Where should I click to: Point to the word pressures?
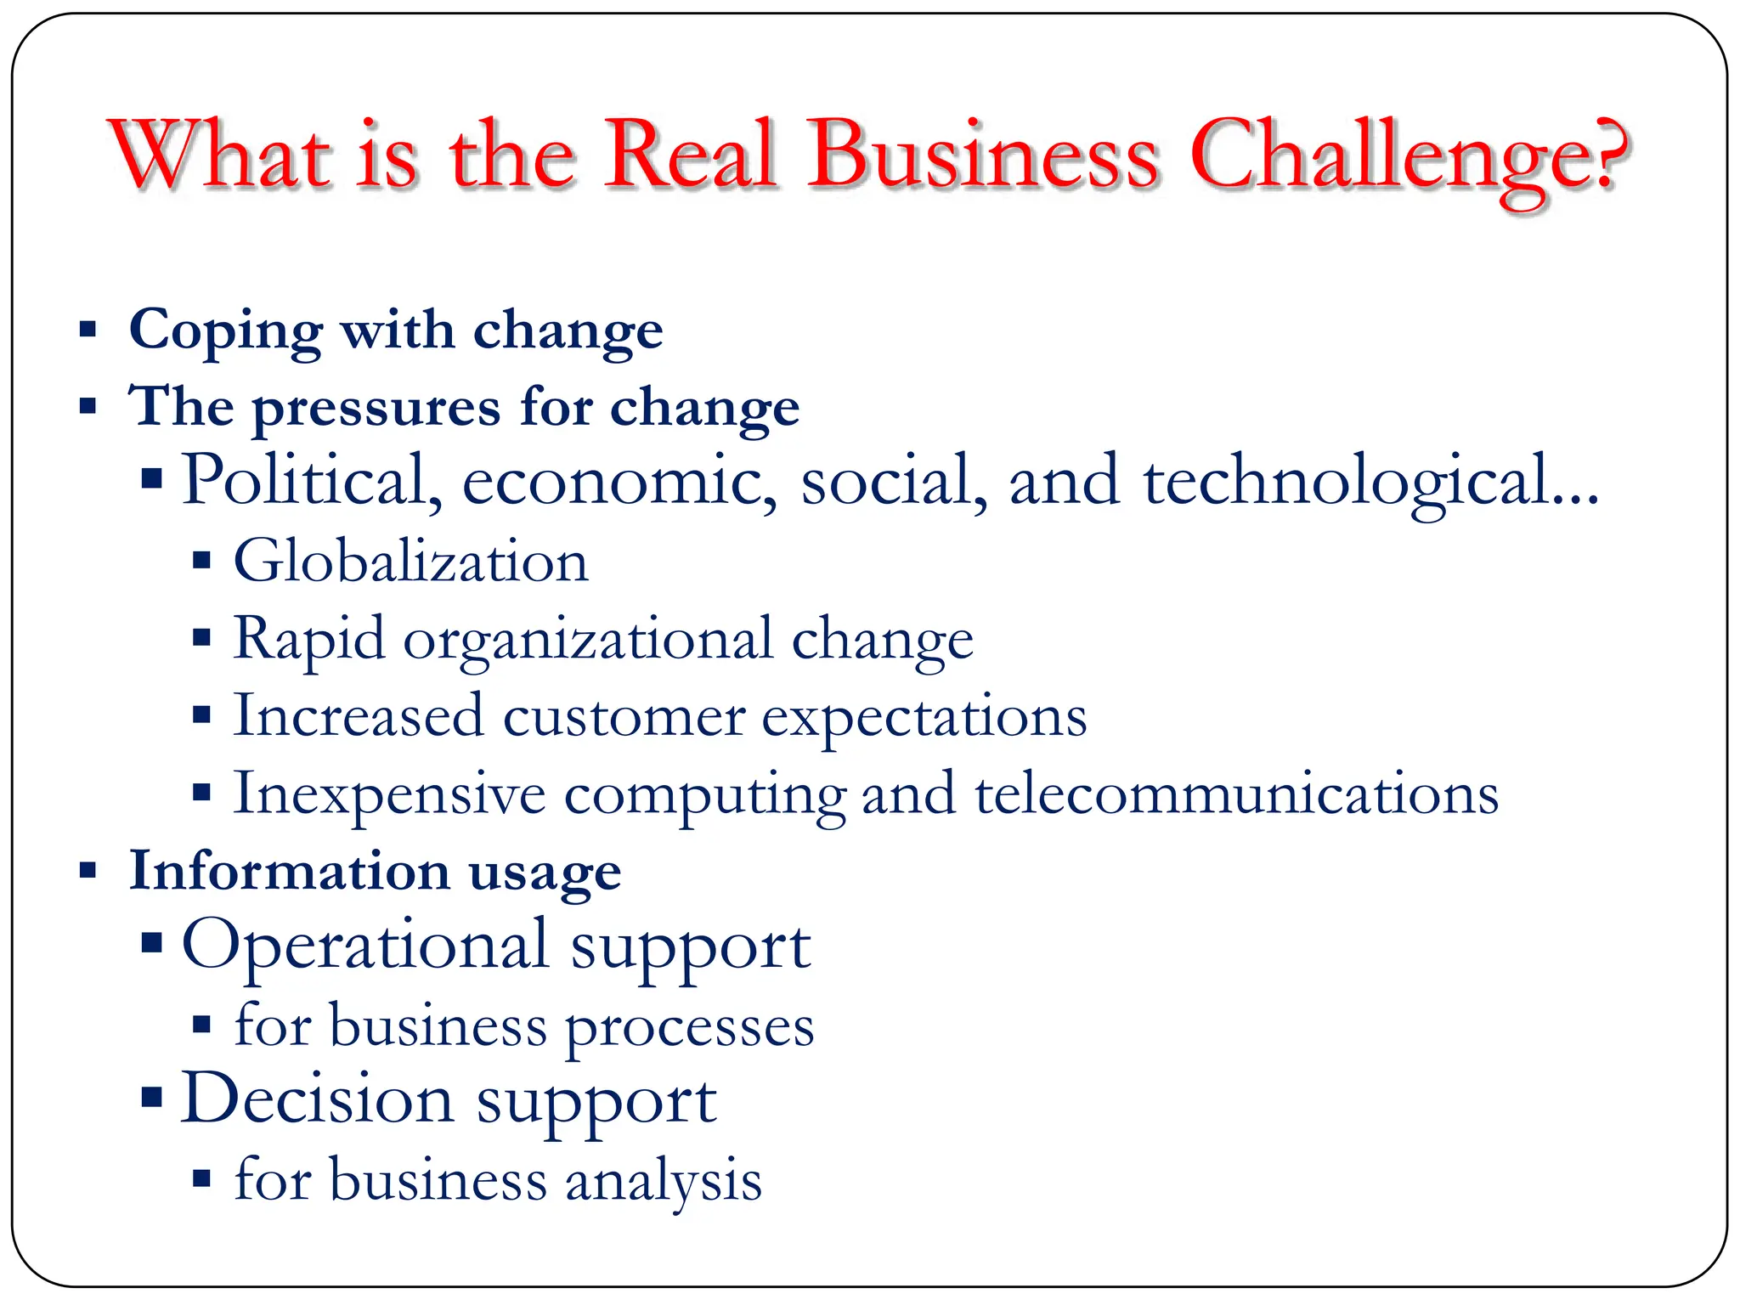point(376,409)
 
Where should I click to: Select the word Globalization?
point(410,562)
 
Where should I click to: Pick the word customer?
point(624,717)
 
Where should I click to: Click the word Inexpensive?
point(389,795)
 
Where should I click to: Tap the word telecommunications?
point(1236,794)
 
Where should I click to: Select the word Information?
point(289,871)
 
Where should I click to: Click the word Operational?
point(365,945)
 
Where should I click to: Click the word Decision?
point(317,1099)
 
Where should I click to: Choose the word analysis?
point(664,1180)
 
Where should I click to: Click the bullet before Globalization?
point(201,561)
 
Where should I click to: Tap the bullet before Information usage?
point(88,870)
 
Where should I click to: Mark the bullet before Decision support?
point(151,1097)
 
